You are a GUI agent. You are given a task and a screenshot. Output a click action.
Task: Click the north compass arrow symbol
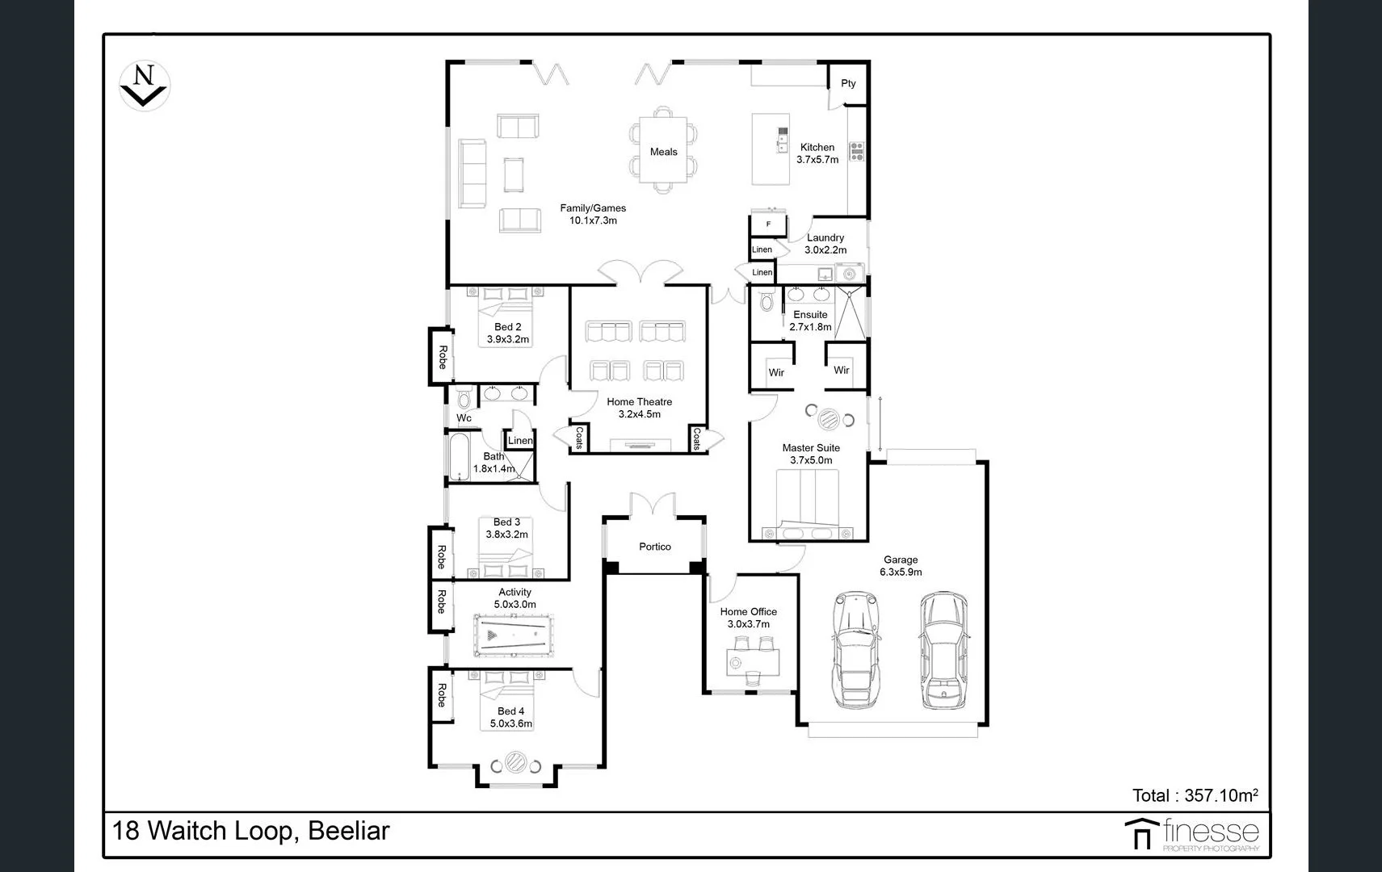[x=144, y=85]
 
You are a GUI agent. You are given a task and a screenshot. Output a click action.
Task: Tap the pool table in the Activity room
[x=515, y=637]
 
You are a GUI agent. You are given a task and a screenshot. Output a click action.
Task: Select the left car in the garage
[x=855, y=650]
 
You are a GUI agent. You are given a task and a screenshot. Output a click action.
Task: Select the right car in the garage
[x=942, y=650]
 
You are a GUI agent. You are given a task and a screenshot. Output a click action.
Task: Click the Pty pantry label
[x=848, y=83]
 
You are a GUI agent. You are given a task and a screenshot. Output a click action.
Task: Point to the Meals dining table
[x=663, y=151]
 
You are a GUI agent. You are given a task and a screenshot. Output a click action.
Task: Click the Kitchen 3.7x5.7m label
[x=817, y=153]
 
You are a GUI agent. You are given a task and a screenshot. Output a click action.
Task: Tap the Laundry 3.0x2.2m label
[x=825, y=244]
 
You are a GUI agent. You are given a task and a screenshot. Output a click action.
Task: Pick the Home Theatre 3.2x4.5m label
[x=639, y=408]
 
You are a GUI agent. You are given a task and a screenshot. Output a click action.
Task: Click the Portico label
[x=655, y=547]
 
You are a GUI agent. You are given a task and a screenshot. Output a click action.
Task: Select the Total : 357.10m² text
[x=1195, y=795]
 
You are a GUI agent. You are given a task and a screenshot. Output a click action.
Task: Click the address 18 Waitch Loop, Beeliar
[x=251, y=831]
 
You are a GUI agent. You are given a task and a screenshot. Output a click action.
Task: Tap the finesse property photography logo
[x=1192, y=834]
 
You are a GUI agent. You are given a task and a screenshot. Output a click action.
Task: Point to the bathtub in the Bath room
[x=459, y=457]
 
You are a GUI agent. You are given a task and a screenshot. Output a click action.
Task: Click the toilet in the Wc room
[x=464, y=399]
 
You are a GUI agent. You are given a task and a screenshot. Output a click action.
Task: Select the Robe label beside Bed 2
[x=442, y=357]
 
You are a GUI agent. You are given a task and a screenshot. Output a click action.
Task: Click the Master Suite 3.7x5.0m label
[x=811, y=454]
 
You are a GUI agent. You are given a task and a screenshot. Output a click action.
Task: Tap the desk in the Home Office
[x=753, y=663]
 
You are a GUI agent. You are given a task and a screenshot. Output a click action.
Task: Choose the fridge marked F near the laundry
[x=768, y=224]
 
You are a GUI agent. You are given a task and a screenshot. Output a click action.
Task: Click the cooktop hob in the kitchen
[x=857, y=151]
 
